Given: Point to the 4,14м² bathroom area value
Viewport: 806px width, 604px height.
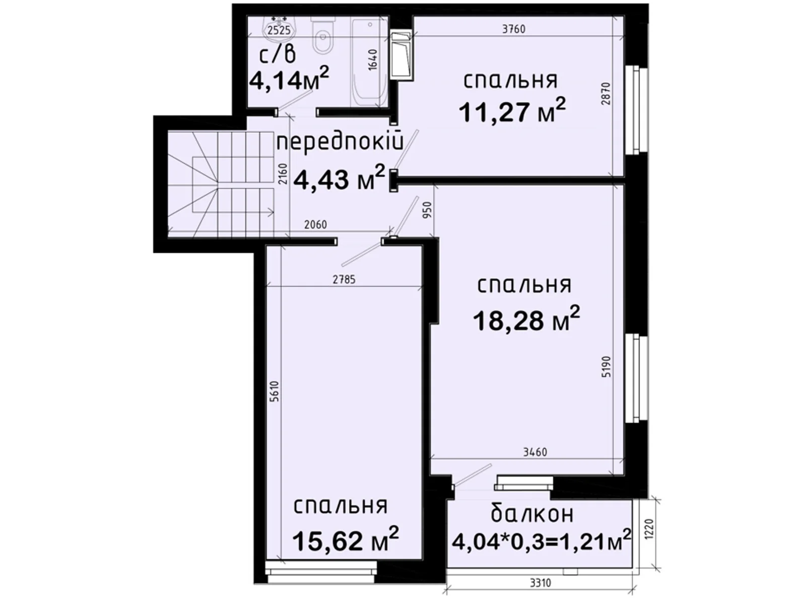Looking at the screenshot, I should point(289,79).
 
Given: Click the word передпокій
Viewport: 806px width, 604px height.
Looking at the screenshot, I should point(341,142).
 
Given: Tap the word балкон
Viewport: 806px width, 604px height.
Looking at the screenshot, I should point(532,514).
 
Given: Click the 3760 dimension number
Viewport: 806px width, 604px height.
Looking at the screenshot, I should point(513,29).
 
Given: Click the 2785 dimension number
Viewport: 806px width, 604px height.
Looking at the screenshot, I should point(344,279).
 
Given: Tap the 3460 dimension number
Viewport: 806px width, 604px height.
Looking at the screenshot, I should point(535,452).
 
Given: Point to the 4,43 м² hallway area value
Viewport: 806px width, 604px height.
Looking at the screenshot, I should point(339,179).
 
